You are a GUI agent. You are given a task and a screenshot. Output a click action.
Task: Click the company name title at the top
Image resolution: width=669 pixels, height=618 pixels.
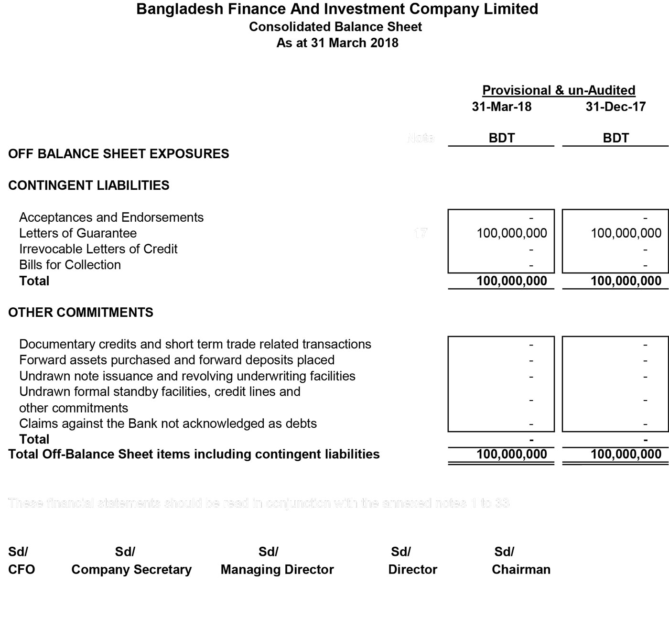(x=337, y=9)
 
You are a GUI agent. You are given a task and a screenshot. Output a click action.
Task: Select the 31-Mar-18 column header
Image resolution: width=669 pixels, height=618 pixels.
(x=501, y=107)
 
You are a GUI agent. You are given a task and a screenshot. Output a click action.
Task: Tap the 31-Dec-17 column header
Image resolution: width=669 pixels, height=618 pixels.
(x=615, y=107)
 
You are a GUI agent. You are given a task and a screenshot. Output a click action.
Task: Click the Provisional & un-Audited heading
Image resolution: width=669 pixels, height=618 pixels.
(x=559, y=90)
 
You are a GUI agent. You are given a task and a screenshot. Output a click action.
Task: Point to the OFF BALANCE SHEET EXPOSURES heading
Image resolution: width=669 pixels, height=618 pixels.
(x=119, y=154)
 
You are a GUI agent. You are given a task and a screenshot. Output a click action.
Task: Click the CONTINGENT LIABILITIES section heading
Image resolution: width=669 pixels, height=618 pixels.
(x=89, y=185)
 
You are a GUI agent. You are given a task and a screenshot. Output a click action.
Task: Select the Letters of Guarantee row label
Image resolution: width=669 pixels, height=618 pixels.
(x=78, y=233)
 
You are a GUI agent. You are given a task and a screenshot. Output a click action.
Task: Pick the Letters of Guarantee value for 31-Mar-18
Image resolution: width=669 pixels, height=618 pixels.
(x=512, y=233)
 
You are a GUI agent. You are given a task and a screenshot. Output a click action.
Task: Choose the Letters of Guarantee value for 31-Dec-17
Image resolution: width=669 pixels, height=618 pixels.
(x=626, y=233)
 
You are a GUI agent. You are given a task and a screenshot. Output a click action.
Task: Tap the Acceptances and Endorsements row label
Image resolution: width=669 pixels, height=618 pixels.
(x=111, y=217)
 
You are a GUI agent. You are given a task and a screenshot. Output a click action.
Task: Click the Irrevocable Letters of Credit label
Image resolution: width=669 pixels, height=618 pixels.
(x=98, y=249)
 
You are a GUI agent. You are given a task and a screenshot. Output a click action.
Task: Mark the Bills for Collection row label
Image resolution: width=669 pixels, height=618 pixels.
(x=70, y=265)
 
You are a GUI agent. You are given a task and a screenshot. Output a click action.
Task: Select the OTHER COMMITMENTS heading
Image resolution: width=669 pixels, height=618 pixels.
(x=81, y=313)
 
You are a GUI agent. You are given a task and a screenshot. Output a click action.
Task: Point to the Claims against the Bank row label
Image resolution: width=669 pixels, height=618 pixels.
(x=168, y=423)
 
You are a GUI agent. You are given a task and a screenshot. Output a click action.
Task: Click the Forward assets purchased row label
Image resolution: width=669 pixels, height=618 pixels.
(x=177, y=360)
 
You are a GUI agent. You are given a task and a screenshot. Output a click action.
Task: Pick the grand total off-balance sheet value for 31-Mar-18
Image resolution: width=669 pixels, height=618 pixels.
(x=512, y=454)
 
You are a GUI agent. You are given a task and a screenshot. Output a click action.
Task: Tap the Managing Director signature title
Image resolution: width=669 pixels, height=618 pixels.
(x=277, y=570)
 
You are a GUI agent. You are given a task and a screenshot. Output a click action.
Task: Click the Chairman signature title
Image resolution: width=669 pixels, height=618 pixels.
(x=521, y=570)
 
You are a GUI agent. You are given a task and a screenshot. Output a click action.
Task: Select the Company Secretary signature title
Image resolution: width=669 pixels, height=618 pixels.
(x=131, y=570)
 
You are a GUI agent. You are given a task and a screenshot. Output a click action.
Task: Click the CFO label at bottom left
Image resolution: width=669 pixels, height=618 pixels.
(x=22, y=570)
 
